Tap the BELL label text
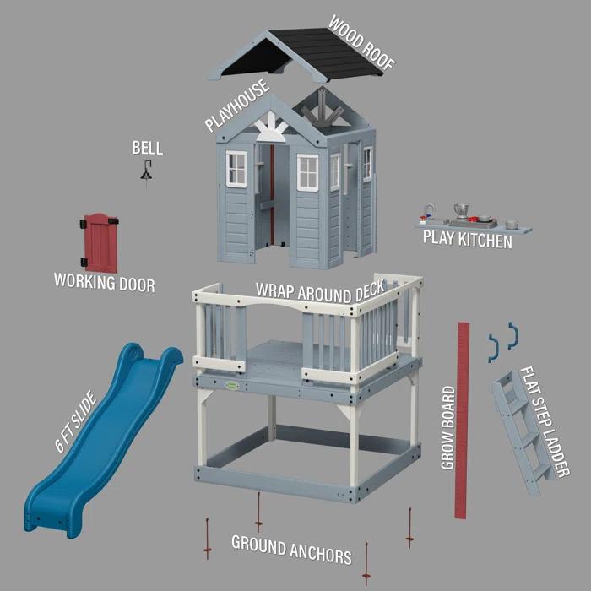coord(147,149)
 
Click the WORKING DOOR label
coord(104,282)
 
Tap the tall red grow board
coord(461,418)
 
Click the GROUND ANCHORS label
coord(291,549)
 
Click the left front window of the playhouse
coord(236,169)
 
